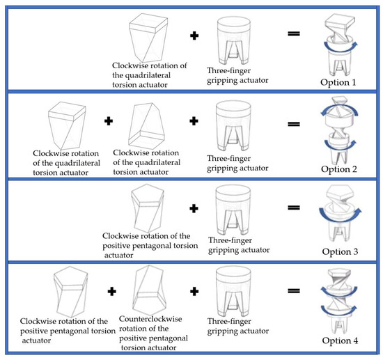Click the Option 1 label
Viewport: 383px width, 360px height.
coord(338,82)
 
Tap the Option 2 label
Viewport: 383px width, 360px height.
coord(339,169)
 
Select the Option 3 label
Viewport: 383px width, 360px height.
coord(340,251)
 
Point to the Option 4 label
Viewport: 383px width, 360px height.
coord(340,341)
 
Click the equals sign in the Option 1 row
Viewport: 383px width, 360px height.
coord(294,33)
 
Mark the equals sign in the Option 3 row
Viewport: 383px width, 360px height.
coord(294,208)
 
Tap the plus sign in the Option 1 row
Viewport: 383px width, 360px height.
coord(194,36)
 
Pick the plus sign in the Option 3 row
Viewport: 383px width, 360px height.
coord(194,209)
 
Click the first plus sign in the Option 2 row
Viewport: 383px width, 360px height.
coord(109,121)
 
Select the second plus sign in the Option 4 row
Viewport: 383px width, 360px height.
coord(194,291)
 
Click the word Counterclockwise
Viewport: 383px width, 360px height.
coord(150,319)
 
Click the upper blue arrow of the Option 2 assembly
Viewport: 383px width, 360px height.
coord(340,107)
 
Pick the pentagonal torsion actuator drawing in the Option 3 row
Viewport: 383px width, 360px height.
coord(148,208)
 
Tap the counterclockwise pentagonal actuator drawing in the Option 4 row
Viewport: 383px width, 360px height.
coord(149,290)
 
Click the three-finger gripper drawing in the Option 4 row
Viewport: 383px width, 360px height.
coord(233,291)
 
